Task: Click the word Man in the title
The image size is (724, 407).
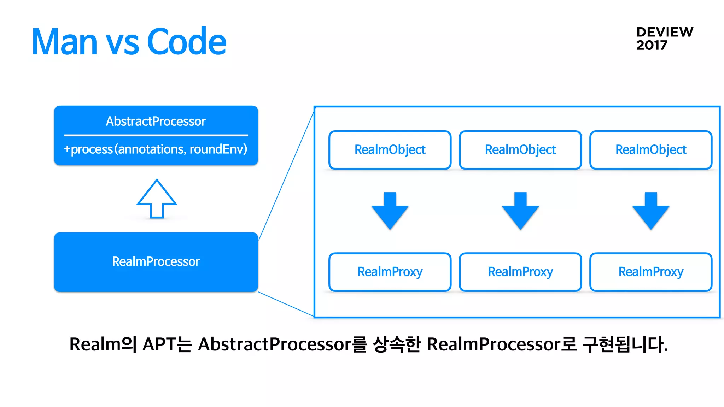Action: [64, 42]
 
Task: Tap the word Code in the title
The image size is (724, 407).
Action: [186, 42]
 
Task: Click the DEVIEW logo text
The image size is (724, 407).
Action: [664, 32]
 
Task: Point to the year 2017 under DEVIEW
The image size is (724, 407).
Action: [652, 45]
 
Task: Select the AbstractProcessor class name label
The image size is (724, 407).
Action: [156, 122]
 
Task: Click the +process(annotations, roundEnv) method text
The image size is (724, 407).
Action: [156, 149]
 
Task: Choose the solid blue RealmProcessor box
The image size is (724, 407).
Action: [156, 262]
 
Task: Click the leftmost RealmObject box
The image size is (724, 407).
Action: [390, 150]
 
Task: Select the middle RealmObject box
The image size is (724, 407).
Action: [520, 150]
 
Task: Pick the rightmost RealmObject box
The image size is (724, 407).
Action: [650, 150]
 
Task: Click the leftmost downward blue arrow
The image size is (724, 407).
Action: [390, 211]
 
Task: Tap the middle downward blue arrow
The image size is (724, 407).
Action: [520, 211]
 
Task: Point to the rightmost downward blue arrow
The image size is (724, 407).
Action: [651, 211]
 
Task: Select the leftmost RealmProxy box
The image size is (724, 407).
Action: [390, 272]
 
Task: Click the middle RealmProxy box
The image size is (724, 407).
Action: [520, 272]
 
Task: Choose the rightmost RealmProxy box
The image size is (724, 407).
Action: [650, 272]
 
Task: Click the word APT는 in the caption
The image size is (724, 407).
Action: [167, 344]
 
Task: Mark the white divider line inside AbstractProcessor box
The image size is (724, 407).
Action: [156, 135]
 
